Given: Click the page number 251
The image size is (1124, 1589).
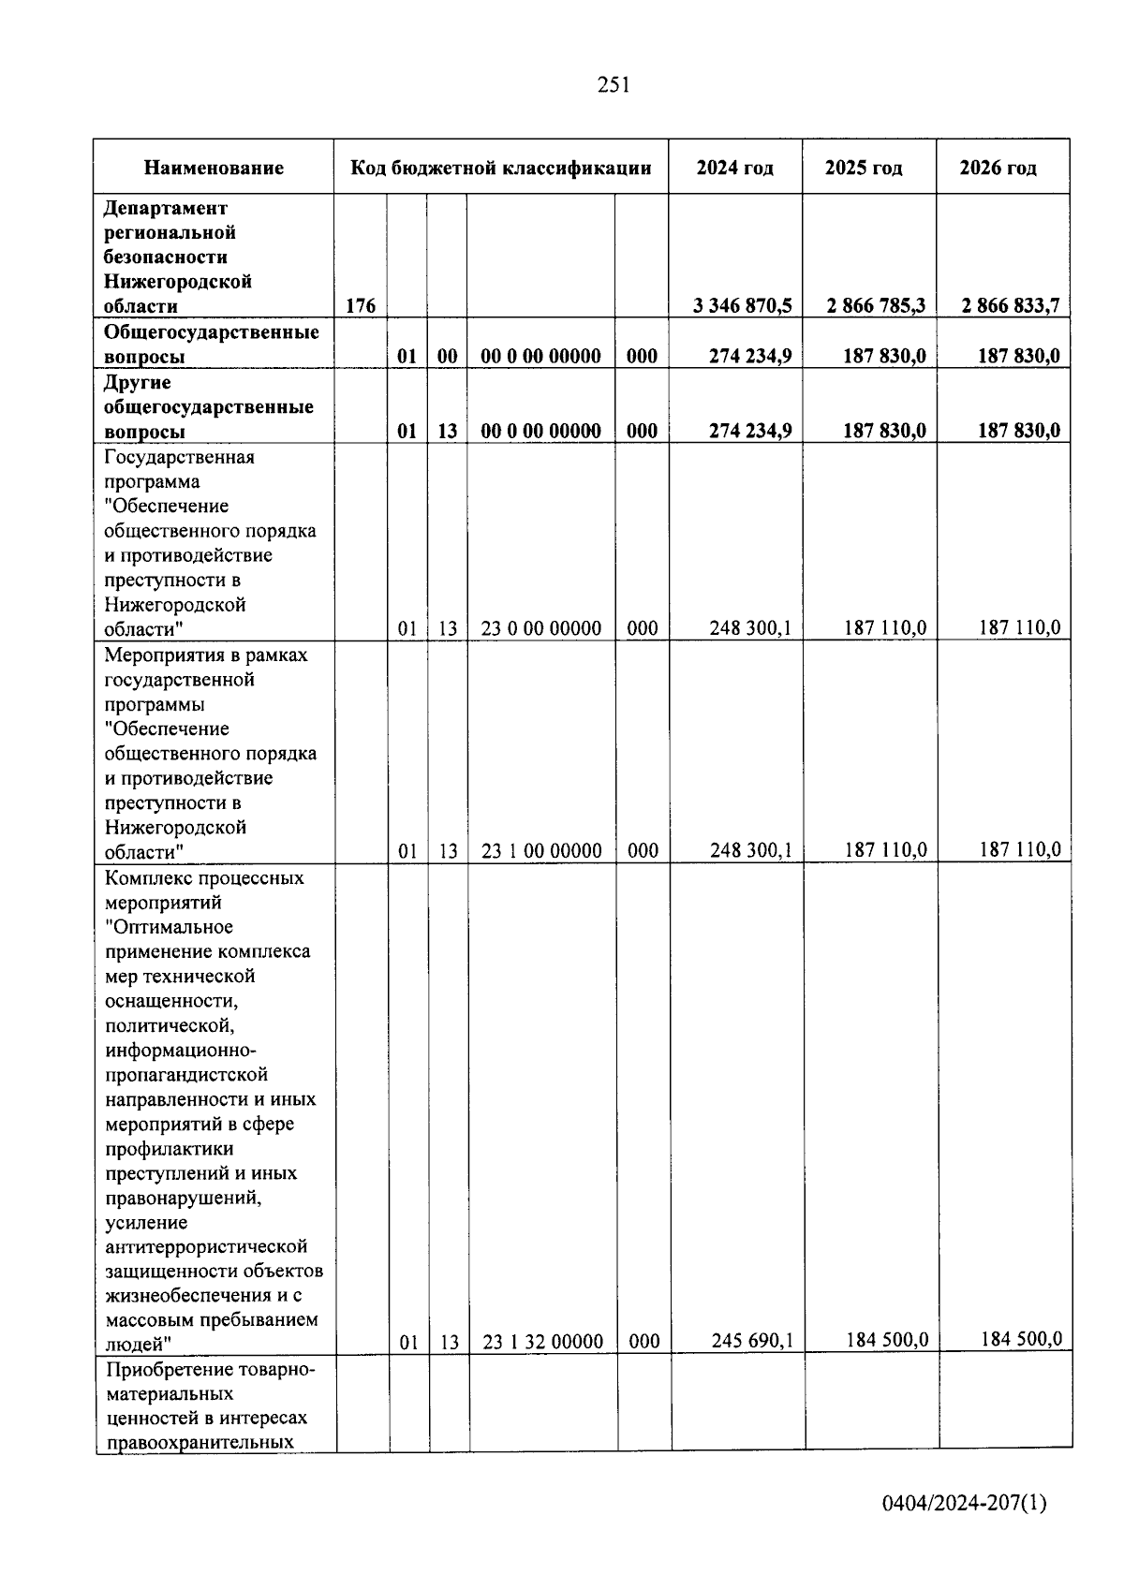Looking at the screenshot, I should pos(614,85).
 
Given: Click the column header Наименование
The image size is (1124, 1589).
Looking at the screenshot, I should pos(214,169).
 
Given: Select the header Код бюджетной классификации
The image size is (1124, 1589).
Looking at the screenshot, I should pos(500,169).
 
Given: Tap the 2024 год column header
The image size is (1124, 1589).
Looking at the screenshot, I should pos(734,169).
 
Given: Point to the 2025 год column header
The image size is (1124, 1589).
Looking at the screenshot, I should pos(864,169).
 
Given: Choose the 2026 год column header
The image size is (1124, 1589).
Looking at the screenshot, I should pos(998,169).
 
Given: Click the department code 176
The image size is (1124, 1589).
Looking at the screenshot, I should pos(361,306).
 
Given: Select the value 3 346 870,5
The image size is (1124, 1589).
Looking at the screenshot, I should pos(743,306).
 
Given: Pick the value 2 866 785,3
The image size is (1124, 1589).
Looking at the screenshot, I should pos(877,306).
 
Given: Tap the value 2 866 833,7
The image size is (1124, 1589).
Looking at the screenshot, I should pos(1011,306).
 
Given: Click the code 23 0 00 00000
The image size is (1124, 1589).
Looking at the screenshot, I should pos(541,628).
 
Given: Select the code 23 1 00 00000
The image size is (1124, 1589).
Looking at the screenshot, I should pos(541,851).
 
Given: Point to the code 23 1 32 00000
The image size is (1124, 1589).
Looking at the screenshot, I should pos(543,1343).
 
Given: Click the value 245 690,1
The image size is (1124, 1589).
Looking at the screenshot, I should pos(752,1341).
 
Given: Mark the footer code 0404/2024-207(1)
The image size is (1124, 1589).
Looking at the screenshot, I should pos(965,1504).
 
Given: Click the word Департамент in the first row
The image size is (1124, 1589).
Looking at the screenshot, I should pos(166,208).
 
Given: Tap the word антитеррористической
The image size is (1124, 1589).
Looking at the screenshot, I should pos(206,1247).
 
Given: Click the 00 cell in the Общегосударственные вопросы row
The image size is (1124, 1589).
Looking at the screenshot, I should pos(448,357).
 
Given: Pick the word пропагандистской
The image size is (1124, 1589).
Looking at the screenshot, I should pos(186,1075).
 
